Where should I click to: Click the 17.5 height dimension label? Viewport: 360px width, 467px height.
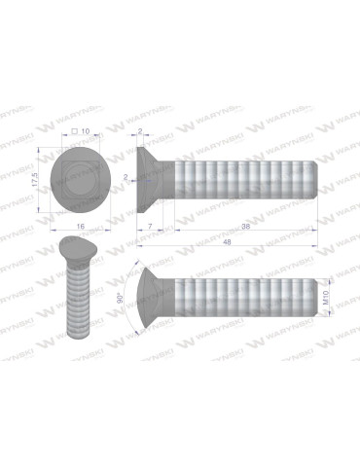[35, 176]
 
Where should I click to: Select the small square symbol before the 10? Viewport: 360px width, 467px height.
[72, 130]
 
